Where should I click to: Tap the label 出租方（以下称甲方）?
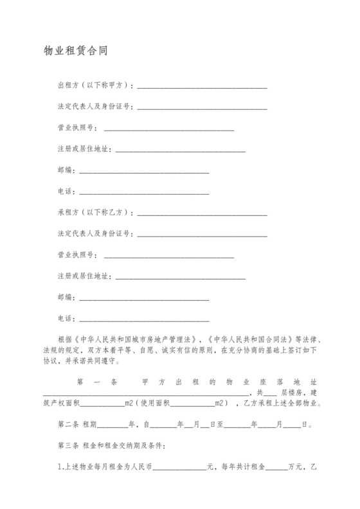click(x=96, y=85)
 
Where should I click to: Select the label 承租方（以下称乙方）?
click(x=96, y=212)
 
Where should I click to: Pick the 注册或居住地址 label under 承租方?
click(x=84, y=276)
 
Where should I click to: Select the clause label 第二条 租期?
click(x=77, y=425)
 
